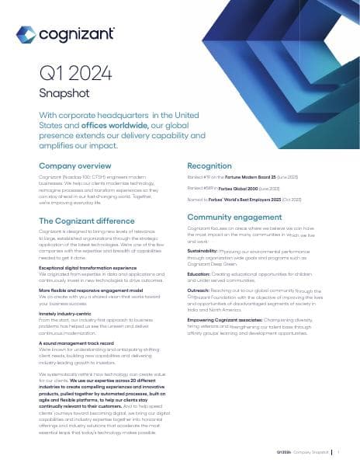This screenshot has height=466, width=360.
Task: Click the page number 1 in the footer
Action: coord(340,450)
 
